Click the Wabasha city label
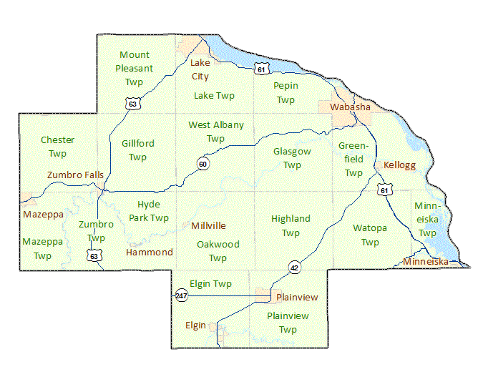(x=350, y=107)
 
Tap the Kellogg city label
(x=399, y=165)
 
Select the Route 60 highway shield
(x=203, y=165)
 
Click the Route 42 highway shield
(x=294, y=268)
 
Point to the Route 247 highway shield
(x=181, y=295)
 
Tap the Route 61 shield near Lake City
(x=262, y=69)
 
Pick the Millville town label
(x=208, y=225)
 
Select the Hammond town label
(x=149, y=253)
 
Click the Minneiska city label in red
(x=425, y=262)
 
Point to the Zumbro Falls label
(x=75, y=175)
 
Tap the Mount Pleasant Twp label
(x=135, y=69)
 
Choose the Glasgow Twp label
(x=292, y=158)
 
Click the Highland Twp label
(x=291, y=225)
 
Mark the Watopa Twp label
(x=370, y=235)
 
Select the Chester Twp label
(x=57, y=147)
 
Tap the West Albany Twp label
(x=215, y=132)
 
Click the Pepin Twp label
(x=286, y=93)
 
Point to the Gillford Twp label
(x=137, y=150)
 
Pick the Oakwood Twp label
(x=218, y=251)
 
